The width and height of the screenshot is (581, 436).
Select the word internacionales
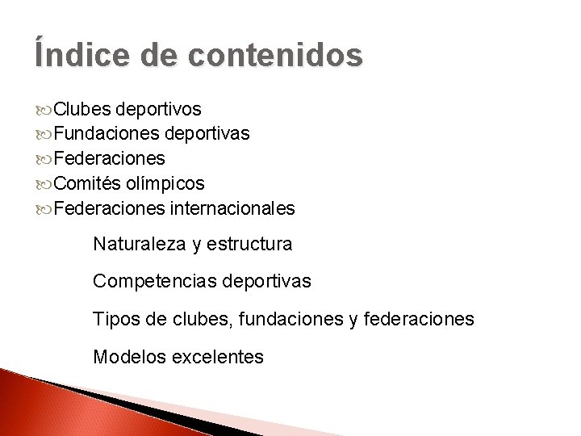(232, 208)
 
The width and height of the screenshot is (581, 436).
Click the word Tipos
(116, 320)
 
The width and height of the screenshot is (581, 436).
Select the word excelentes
(217, 357)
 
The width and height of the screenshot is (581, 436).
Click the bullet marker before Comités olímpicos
(44, 184)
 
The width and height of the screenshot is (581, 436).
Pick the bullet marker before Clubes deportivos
(44, 109)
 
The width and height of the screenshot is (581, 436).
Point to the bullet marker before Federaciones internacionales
(44, 209)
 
